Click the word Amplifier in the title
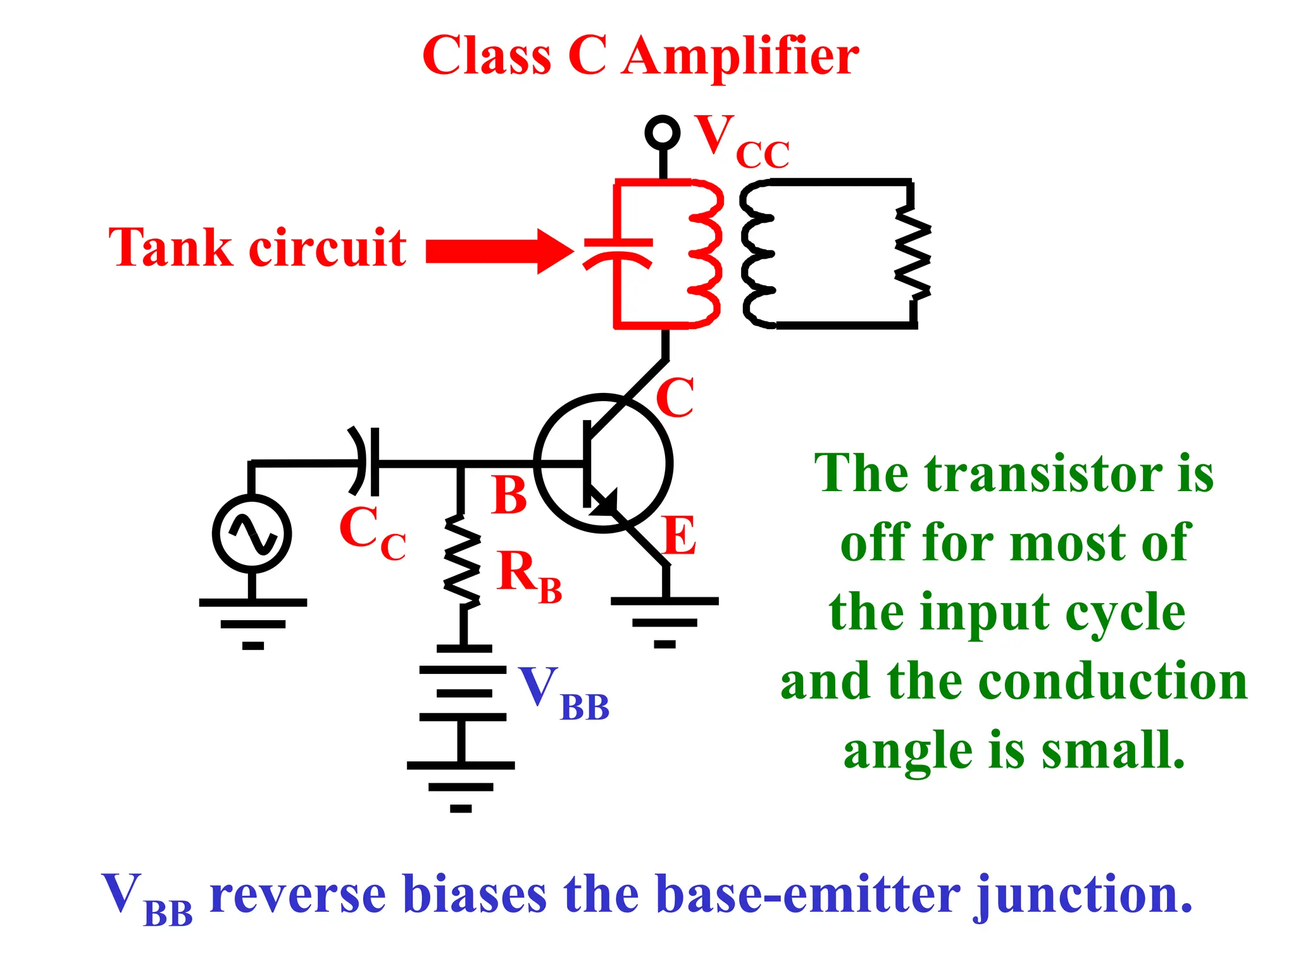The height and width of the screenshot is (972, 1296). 740,57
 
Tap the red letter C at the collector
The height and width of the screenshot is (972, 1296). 675,397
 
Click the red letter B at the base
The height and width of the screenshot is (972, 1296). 509,495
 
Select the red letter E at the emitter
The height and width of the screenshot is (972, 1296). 680,535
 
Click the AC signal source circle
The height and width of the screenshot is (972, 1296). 252,533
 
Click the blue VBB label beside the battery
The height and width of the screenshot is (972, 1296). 563,694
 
